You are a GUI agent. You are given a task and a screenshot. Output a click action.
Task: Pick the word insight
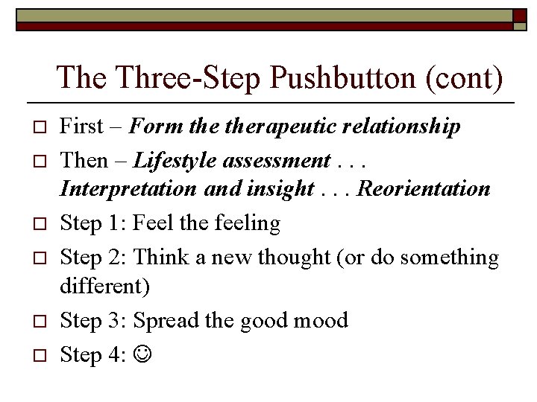282,188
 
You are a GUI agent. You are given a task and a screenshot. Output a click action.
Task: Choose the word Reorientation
424,188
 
